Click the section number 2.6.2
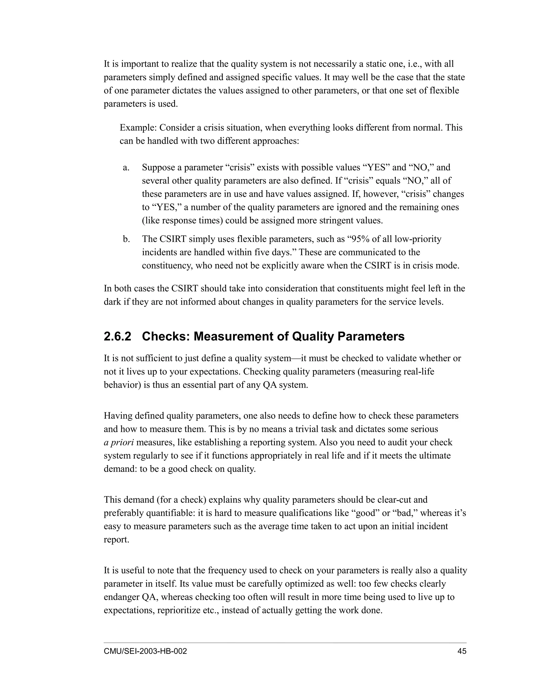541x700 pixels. [117, 337]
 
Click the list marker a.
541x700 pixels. [126, 167]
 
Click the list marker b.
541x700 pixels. [126, 239]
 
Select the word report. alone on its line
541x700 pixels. [116, 540]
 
